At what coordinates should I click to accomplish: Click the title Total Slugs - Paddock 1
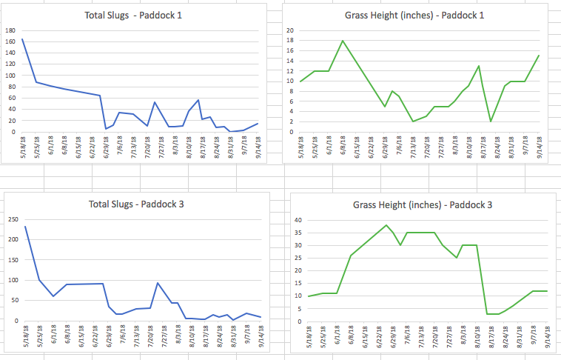140,16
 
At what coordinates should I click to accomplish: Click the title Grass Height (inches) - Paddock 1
419,16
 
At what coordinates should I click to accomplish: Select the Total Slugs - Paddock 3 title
140,204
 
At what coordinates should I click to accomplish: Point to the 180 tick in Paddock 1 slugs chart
10,30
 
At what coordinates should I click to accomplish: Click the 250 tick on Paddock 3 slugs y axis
10,219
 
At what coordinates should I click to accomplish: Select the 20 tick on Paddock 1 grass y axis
291,30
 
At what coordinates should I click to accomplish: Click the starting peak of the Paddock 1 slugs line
23,39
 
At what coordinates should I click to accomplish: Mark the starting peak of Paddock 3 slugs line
25,227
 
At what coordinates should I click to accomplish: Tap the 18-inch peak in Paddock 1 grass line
343,41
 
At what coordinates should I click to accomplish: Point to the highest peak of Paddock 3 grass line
386,225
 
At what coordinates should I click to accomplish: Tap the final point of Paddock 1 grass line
538,56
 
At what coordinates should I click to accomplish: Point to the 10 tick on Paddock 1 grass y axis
291,81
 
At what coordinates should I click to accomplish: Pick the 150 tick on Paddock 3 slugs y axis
10,260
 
